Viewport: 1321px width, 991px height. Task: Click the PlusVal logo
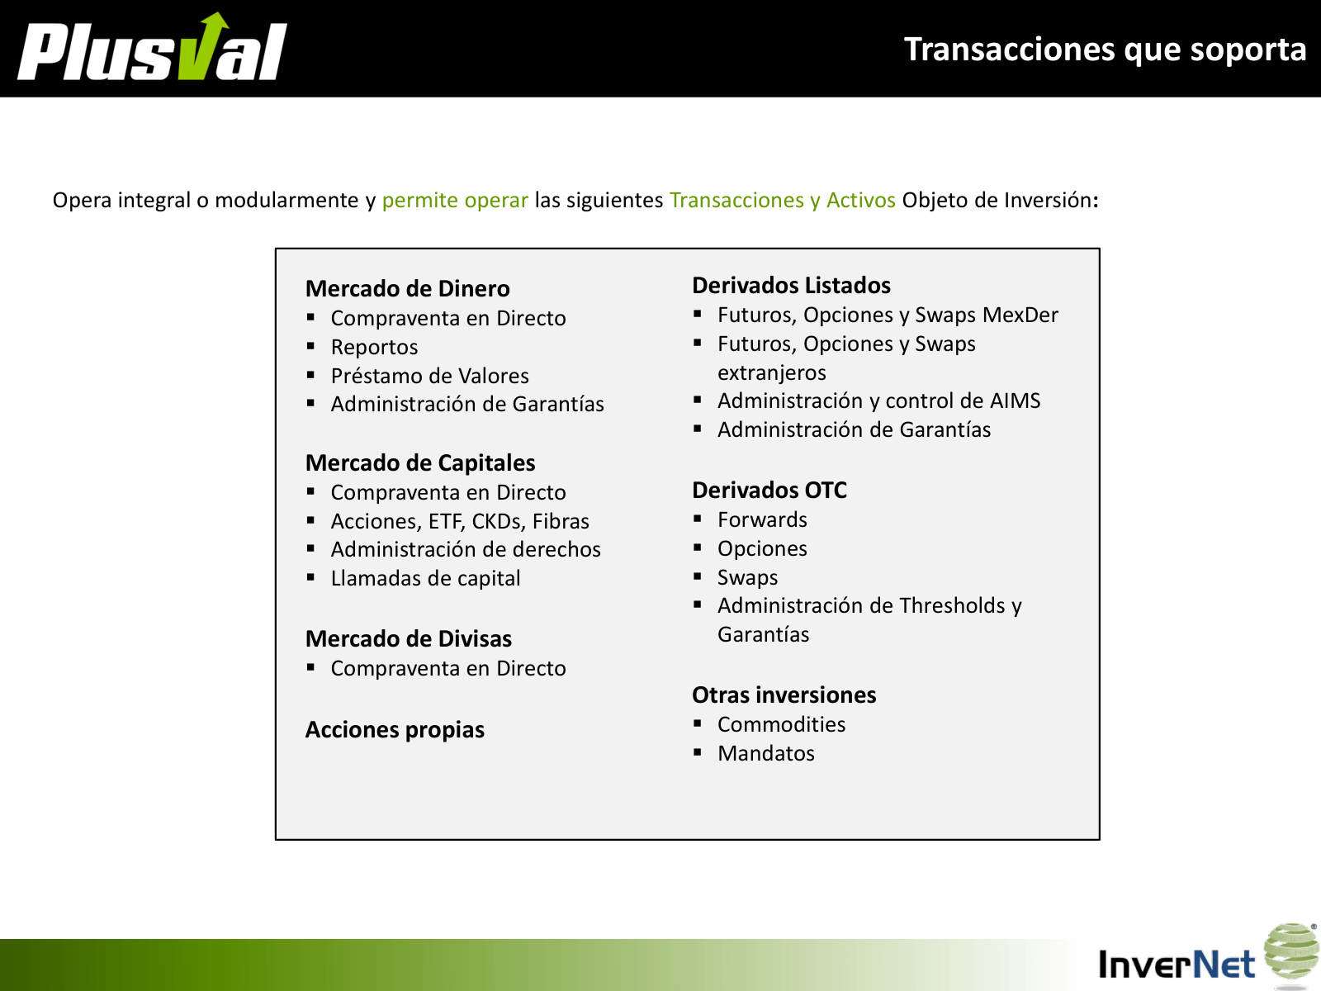coord(152,49)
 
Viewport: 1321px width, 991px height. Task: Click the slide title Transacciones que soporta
coord(1105,50)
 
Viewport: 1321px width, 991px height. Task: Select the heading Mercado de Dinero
coord(407,288)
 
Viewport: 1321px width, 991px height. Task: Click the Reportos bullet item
coord(374,347)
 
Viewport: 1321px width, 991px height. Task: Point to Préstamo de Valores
coord(429,376)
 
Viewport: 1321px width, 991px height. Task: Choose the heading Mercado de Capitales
coord(420,462)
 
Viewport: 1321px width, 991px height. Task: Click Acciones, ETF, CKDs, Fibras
coord(460,521)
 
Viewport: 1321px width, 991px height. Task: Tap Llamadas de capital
coord(425,578)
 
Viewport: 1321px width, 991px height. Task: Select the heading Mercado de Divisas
coord(409,638)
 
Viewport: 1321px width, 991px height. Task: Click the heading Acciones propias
coord(395,730)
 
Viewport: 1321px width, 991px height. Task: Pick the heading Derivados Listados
coord(791,285)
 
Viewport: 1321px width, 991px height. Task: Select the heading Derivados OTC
coord(769,490)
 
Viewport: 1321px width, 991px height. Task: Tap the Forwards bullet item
coord(762,519)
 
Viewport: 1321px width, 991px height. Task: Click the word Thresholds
coord(952,605)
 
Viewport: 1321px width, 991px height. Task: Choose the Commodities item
coord(781,724)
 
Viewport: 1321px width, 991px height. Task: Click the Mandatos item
coord(765,753)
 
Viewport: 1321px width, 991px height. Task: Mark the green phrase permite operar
coord(455,200)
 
